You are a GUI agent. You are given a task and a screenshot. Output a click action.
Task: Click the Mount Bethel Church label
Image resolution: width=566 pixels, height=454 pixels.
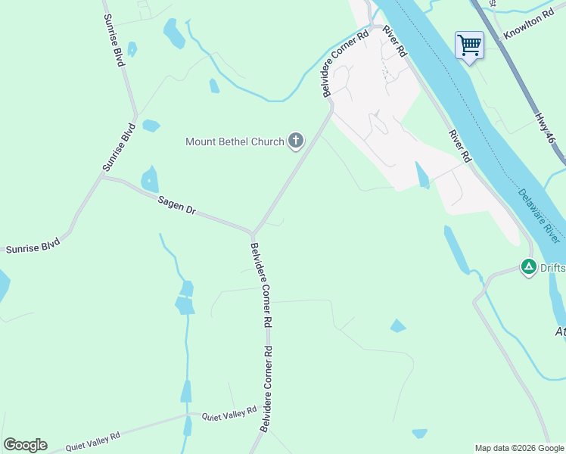[235, 141]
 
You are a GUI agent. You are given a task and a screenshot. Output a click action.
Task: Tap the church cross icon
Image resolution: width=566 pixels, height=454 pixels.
[295, 140]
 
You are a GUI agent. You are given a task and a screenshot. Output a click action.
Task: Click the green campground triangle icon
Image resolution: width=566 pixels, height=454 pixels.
[528, 266]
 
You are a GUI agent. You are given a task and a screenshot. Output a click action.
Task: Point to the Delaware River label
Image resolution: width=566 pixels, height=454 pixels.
[539, 215]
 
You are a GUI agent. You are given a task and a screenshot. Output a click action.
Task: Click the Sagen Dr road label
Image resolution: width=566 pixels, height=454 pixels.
[177, 205]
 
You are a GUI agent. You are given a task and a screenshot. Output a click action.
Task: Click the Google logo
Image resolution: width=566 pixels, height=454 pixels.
[25, 445]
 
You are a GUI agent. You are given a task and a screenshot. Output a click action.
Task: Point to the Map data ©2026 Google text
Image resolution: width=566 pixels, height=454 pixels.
[518, 448]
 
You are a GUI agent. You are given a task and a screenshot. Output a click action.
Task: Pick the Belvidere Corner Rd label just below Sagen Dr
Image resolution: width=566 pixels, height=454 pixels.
[261, 284]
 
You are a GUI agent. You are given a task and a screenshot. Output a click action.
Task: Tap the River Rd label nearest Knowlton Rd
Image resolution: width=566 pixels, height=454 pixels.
[395, 42]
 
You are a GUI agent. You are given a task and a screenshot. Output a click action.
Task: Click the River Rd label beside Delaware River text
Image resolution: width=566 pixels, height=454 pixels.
[459, 146]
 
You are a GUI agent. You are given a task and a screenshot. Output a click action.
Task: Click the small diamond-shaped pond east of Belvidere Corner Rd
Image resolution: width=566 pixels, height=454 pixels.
[398, 326]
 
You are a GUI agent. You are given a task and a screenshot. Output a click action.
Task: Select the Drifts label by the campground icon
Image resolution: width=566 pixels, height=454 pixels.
[552, 267]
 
